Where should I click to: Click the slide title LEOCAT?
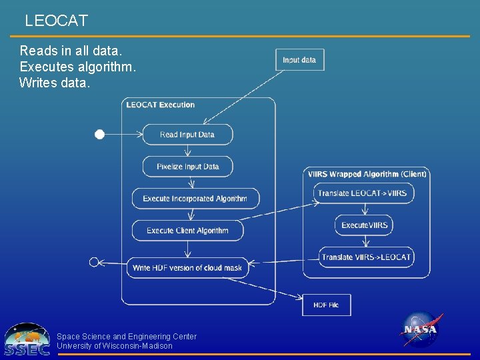(x=56, y=21)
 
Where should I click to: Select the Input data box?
(x=299, y=60)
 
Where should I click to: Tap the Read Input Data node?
(x=187, y=135)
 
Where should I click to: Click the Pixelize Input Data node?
(x=187, y=167)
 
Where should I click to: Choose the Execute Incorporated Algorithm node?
(x=195, y=199)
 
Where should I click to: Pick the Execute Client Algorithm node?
(x=187, y=231)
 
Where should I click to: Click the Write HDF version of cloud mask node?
(x=187, y=268)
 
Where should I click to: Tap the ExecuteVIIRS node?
(x=364, y=225)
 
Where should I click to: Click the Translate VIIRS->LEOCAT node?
(x=365, y=257)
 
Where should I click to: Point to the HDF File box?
(x=326, y=305)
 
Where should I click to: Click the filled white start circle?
(x=99, y=135)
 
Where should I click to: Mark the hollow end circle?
(x=94, y=261)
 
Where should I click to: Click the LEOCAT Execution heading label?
(x=161, y=105)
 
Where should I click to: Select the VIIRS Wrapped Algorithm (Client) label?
(x=367, y=174)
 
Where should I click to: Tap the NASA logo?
(x=420, y=329)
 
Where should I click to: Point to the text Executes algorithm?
(x=77, y=67)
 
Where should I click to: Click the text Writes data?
(x=55, y=83)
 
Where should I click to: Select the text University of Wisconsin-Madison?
(x=115, y=346)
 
